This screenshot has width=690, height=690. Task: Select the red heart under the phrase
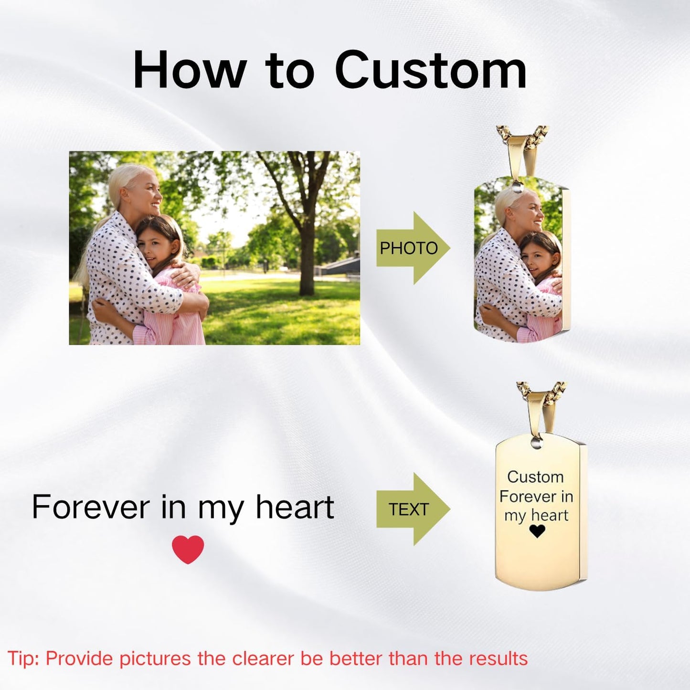(188, 549)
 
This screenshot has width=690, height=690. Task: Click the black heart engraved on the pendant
(537, 531)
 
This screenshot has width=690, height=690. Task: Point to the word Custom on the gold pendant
(535, 477)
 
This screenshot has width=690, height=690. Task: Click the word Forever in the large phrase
(91, 507)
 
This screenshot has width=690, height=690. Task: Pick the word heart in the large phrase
(295, 507)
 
